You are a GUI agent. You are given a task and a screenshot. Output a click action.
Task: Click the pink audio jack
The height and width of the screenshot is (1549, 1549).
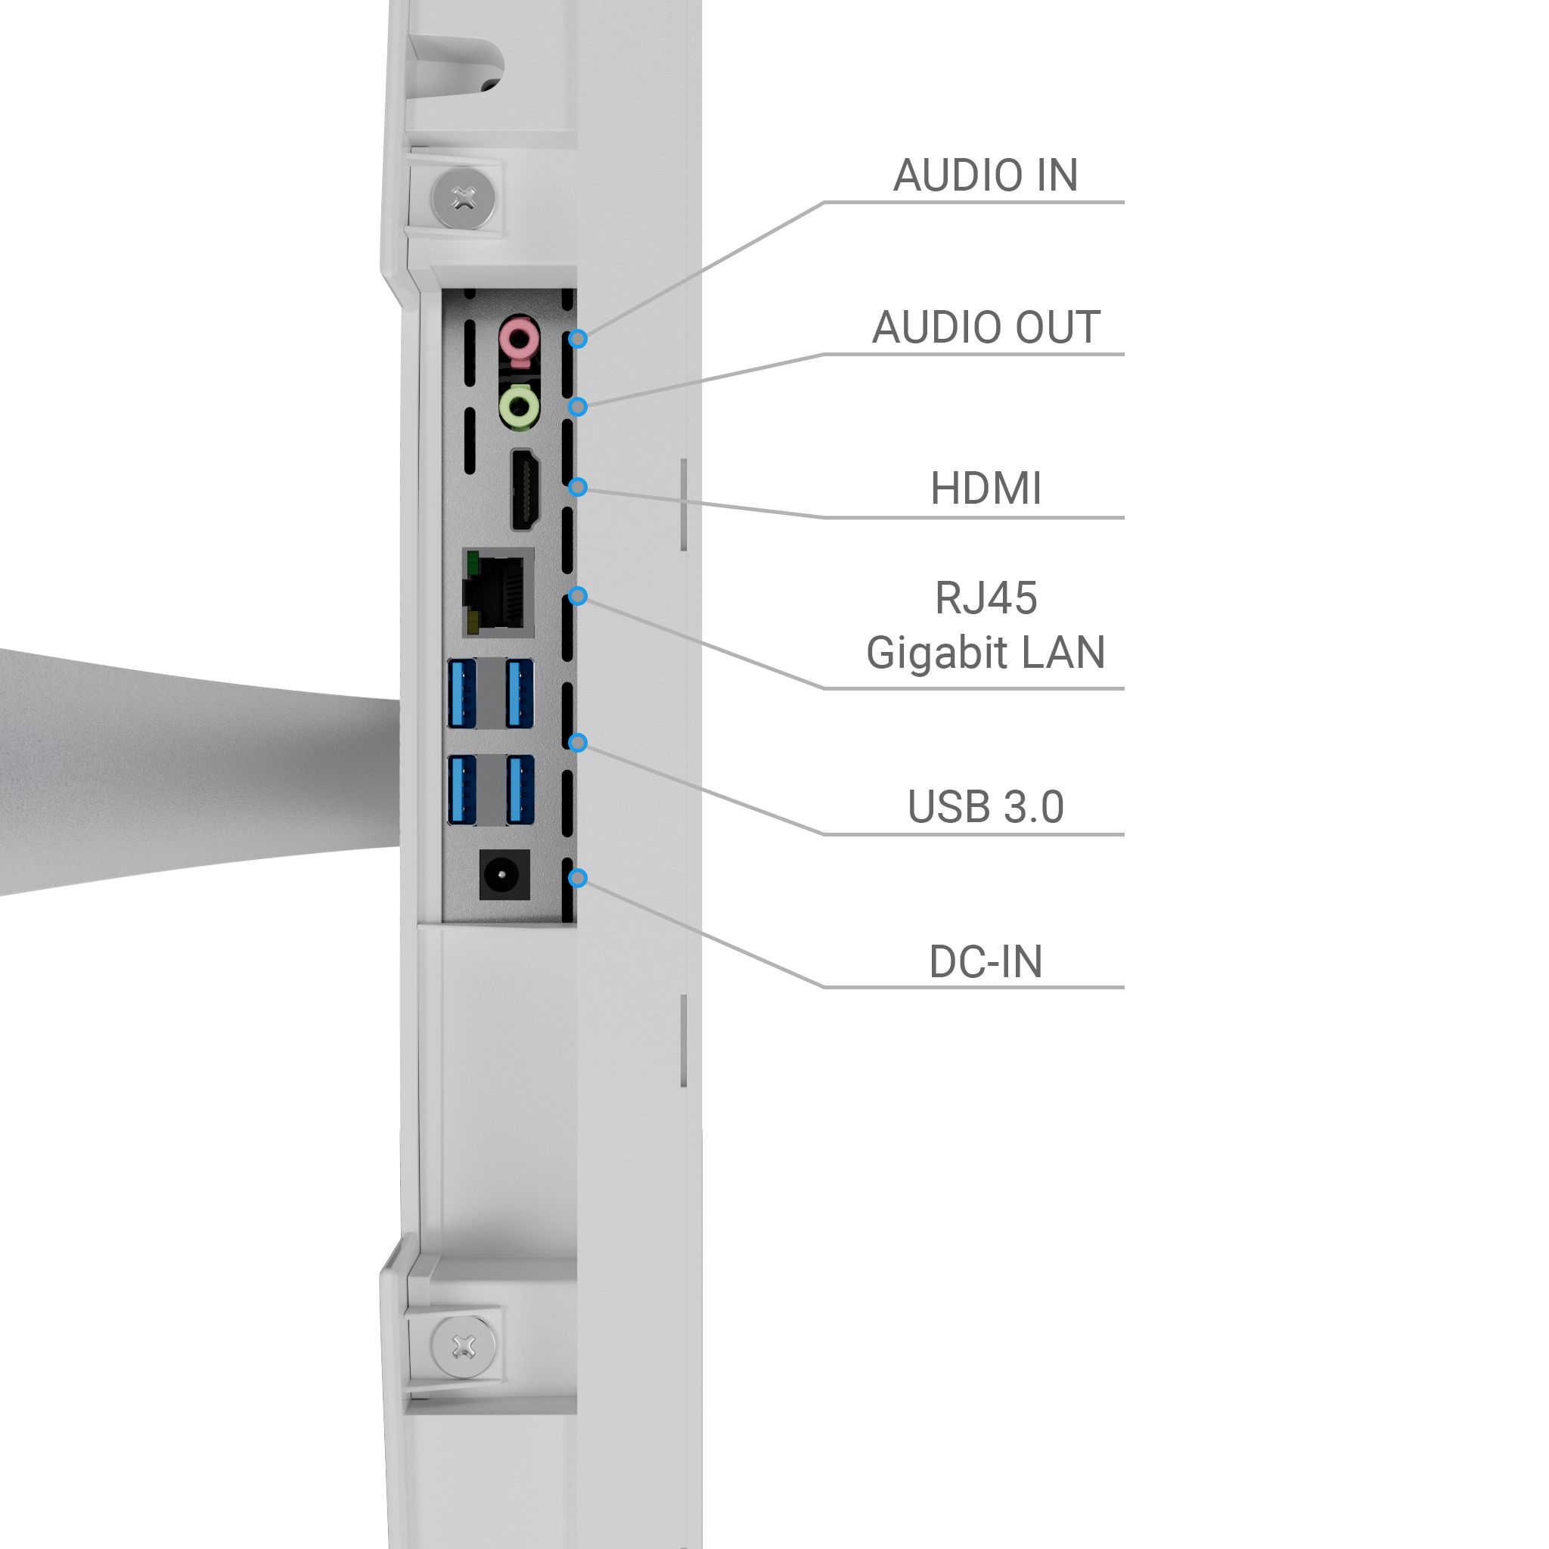(520, 337)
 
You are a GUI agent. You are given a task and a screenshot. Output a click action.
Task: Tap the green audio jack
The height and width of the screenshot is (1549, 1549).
(520, 405)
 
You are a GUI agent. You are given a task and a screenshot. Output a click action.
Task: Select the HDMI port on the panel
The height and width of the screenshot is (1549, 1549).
(525, 489)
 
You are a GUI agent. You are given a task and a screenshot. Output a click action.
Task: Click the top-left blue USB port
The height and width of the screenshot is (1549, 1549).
(462, 693)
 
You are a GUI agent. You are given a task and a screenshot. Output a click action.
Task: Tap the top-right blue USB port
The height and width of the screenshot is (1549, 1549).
(520, 693)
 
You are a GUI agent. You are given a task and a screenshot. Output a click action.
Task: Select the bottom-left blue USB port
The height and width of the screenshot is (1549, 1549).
(462, 790)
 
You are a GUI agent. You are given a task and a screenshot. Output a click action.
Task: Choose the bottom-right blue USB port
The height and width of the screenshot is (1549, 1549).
(520, 790)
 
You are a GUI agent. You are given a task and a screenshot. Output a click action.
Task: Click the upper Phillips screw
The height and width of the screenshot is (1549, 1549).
(464, 198)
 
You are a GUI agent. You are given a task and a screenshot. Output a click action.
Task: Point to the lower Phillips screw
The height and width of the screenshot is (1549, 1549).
(464, 1347)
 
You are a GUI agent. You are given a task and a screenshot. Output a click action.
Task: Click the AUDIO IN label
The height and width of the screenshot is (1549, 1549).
(986, 175)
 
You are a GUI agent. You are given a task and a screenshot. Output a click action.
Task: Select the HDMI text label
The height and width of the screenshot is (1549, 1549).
(986, 489)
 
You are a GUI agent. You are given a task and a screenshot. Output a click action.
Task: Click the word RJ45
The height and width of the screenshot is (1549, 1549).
(986, 598)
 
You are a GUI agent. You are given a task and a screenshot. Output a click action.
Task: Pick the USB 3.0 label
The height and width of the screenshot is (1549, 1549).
(986, 806)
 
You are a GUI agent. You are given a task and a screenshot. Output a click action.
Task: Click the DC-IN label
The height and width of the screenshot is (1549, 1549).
(986, 961)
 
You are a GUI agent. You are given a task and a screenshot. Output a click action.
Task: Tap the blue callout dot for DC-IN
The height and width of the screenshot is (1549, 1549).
(578, 878)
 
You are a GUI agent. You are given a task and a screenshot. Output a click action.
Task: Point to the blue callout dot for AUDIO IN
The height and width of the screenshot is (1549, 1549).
(578, 338)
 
